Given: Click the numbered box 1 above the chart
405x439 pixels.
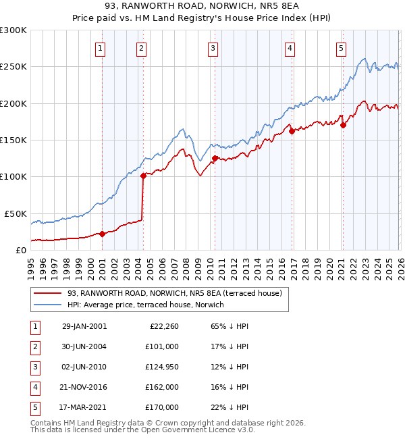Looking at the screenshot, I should tap(100, 48).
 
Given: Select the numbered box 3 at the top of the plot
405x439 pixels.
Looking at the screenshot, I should tap(213, 48).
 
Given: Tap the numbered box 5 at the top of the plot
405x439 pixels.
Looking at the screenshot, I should tap(341, 48).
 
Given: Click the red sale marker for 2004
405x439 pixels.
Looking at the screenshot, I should tap(143, 176).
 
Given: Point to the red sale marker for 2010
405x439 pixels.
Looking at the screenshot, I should tap(215, 159).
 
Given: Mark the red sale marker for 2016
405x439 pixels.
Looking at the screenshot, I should tap(292, 132).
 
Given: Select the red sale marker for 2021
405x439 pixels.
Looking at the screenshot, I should tap(343, 125).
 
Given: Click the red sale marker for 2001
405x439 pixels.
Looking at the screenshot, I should tap(103, 234).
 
